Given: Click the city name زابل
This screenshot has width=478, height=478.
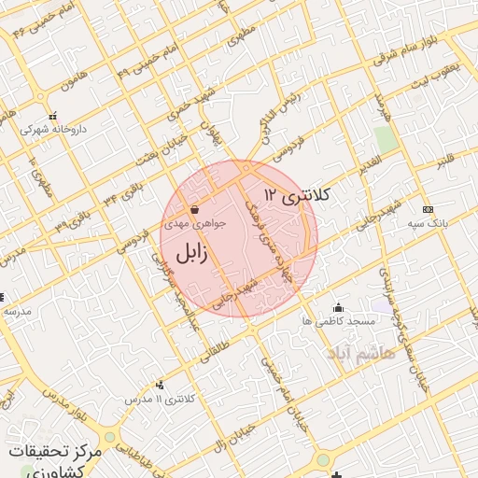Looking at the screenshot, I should pyautogui.click(x=189, y=252).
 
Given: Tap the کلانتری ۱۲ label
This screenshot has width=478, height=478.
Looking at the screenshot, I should pyautogui.click(x=298, y=195).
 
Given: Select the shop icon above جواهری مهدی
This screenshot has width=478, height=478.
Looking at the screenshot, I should pyautogui.click(x=193, y=210).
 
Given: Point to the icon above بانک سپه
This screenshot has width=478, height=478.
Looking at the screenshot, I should pyautogui.click(x=428, y=209).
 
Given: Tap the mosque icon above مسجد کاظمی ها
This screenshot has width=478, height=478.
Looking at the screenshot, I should pyautogui.click(x=338, y=307).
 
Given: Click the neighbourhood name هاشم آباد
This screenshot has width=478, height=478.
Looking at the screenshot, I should pyautogui.click(x=361, y=353).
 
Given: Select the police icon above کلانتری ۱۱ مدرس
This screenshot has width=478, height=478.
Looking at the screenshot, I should pyautogui.click(x=162, y=385).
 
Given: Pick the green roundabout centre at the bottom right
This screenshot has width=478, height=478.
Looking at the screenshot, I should pyautogui.click(x=324, y=460).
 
